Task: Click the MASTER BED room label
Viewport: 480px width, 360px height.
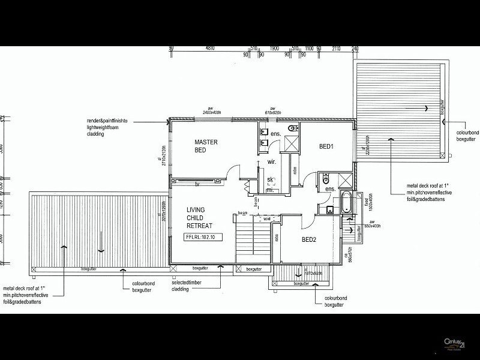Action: pos(206,146)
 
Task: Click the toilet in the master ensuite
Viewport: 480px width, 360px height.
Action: pos(292,129)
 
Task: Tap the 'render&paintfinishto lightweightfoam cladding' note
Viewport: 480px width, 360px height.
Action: pos(112,128)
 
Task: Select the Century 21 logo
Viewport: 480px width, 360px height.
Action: pos(454,344)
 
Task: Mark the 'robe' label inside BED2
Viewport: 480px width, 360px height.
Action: pos(277,239)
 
